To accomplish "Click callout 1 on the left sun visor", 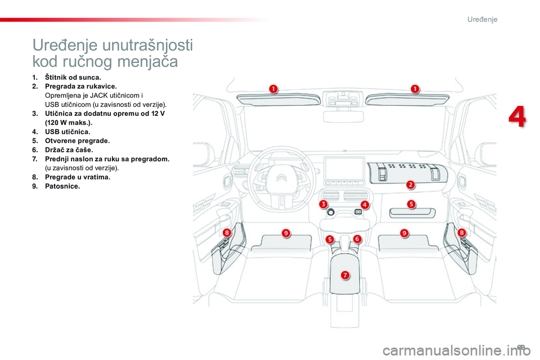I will (x=273, y=88).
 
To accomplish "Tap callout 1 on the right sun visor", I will (x=415, y=88).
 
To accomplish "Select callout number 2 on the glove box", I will (x=411, y=184).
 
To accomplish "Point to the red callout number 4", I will (x=364, y=205).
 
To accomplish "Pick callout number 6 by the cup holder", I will (x=357, y=238).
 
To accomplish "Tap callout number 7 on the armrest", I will (x=345, y=274).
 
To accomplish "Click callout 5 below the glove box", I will (x=411, y=204).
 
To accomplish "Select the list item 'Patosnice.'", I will (x=62, y=186).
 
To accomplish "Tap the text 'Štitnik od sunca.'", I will (x=73, y=77).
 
